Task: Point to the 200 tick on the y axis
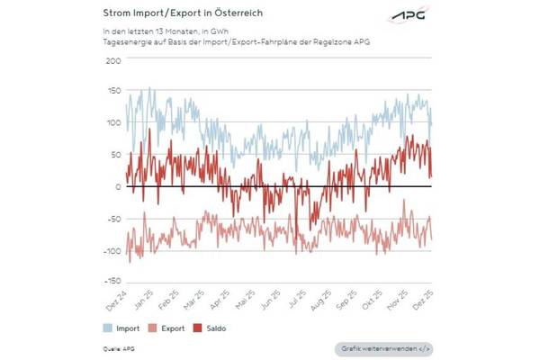coord(112,60)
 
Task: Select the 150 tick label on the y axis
coord(112,92)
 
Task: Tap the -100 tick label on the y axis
coord(111,250)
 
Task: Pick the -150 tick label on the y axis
coord(111,282)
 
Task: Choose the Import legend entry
coord(119,328)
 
